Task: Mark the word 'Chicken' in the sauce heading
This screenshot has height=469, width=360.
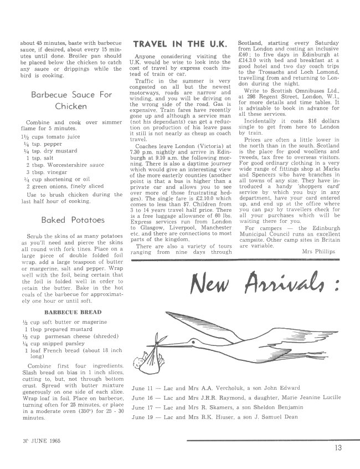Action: point(70,105)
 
